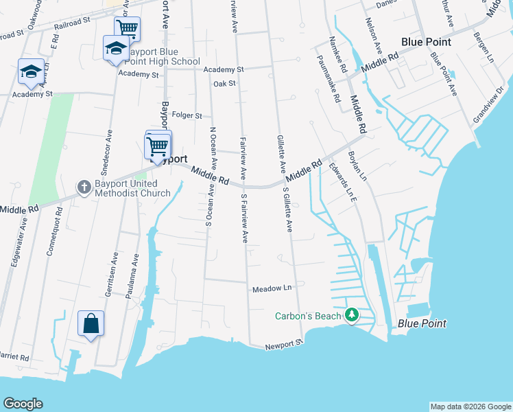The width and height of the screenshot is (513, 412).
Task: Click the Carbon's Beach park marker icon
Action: pyautogui.click(x=352, y=315)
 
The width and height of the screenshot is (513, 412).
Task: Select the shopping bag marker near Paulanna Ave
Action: pyautogui.click(x=91, y=323)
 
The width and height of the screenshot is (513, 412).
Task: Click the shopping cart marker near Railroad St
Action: pyautogui.click(x=127, y=29)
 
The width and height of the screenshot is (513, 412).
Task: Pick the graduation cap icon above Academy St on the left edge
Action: pyautogui.click(x=31, y=71)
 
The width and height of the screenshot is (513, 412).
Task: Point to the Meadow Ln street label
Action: pyautogui.click(x=272, y=288)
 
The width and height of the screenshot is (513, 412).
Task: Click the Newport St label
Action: pyautogui.click(x=284, y=344)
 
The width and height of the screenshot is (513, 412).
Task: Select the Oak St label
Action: pyautogui.click(x=224, y=84)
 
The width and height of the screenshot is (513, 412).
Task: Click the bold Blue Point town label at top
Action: pyautogui.click(x=426, y=42)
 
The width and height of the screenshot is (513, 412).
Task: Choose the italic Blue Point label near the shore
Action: pyautogui.click(x=422, y=323)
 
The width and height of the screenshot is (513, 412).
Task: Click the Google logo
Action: pyautogui.click(x=23, y=404)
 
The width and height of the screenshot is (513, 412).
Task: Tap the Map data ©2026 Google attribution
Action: pyautogui.click(x=470, y=407)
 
